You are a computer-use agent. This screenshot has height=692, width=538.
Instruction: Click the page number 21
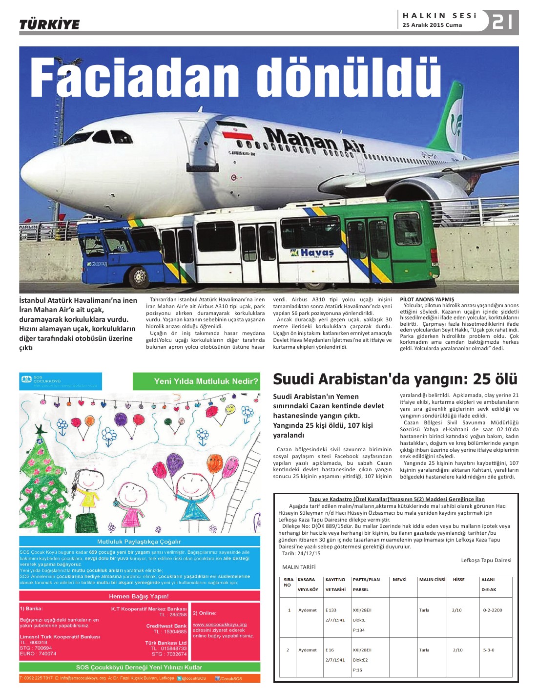(502, 21)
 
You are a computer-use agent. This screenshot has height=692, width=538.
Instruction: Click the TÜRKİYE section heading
(49, 24)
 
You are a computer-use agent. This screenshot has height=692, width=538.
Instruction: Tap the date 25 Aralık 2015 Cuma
(432, 25)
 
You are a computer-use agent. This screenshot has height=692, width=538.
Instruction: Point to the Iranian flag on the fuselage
(234, 130)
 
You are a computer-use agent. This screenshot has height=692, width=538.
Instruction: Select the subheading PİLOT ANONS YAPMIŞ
(427, 299)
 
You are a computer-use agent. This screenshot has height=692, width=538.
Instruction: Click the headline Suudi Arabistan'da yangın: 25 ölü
(395, 379)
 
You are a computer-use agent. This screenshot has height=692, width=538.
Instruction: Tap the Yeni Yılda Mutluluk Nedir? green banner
(196, 381)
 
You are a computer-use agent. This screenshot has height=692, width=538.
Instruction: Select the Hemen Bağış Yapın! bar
(139, 596)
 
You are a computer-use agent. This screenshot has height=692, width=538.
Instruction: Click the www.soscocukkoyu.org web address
(220, 624)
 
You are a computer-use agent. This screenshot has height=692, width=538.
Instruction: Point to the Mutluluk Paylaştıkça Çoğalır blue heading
(139, 542)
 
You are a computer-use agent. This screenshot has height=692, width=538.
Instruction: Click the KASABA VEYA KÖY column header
(308, 585)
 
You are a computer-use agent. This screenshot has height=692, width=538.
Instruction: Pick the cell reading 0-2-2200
(492, 610)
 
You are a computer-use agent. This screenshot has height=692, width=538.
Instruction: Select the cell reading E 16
(330, 650)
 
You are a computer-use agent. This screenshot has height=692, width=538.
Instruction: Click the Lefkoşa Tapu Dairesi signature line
(486, 560)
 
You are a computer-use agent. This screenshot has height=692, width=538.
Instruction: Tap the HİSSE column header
(458, 580)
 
